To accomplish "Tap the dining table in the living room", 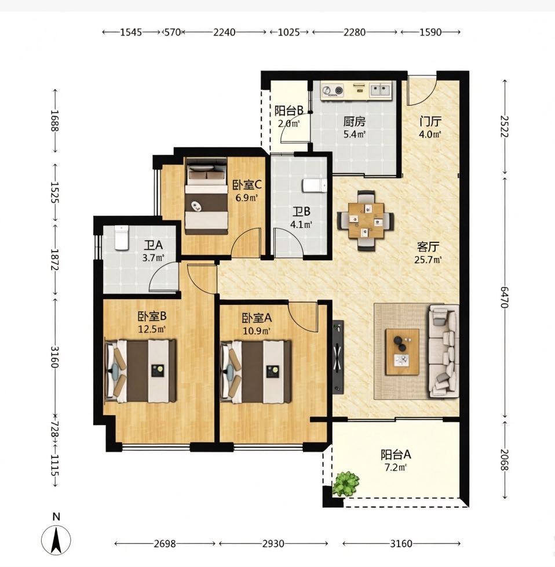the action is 366,220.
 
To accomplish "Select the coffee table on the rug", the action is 402,351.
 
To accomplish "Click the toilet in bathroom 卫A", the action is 122,238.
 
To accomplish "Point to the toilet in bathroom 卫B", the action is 315,185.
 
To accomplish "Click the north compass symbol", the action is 56,540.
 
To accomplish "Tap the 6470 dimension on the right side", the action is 505,297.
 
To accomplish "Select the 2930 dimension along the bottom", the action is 273,543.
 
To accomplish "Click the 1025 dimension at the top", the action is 289,32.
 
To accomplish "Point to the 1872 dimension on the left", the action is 55,260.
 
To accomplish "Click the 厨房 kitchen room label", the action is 354,122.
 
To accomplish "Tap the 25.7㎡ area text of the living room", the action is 428,260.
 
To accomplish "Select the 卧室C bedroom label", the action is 247,185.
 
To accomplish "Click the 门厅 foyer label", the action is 430,122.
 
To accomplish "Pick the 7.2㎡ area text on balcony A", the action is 395,467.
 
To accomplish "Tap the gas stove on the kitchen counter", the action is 333,90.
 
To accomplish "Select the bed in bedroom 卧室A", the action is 256,372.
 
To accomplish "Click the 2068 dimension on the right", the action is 505,460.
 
